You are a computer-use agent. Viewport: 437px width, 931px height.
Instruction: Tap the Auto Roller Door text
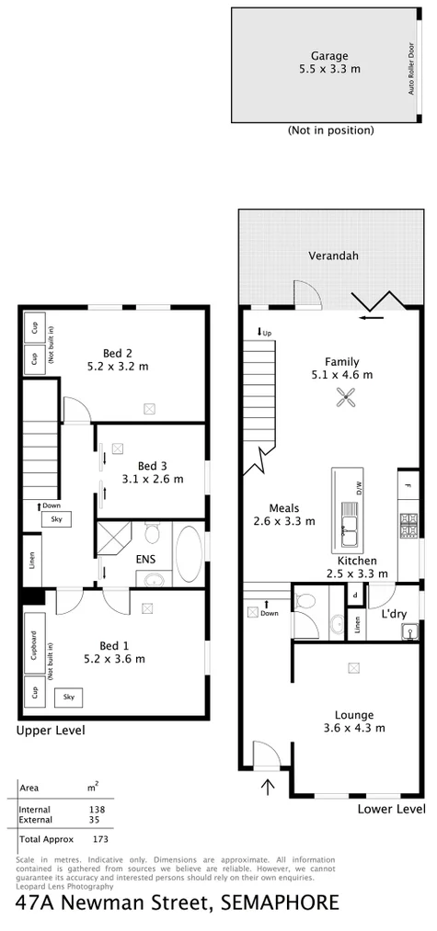pyautogui.click(x=411, y=70)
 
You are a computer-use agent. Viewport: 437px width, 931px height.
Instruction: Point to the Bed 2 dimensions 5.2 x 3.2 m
pyautogui.click(x=117, y=367)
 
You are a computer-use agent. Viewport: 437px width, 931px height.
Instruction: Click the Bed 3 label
pyautogui.click(x=154, y=465)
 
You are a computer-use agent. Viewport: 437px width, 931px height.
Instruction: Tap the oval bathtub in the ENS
pyautogui.click(x=189, y=552)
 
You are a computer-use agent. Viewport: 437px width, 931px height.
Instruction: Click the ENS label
pyautogui.click(x=146, y=558)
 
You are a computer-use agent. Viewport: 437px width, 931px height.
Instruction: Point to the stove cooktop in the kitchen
pyautogui.click(x=408, y=525)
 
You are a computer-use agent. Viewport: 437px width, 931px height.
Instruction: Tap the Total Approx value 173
pyautogui.click(x=101, y=839)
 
